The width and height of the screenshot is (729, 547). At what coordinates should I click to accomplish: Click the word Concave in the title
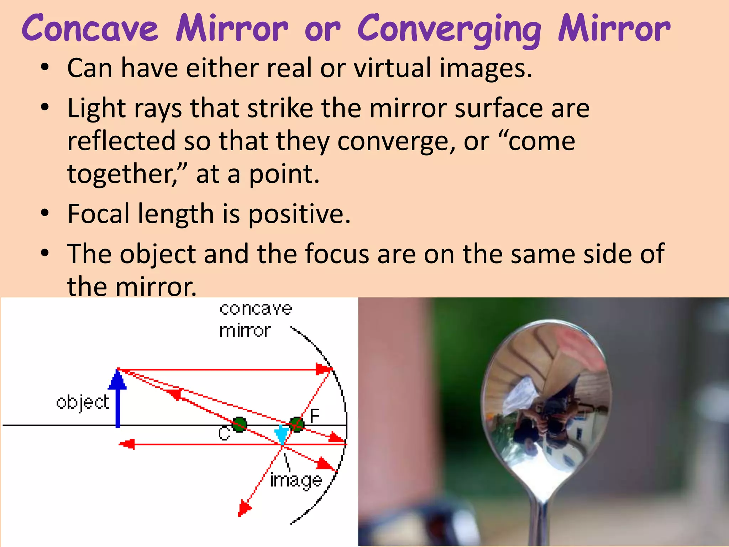click(90, 28)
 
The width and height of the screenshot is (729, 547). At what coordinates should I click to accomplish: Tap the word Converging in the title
click(449, 30)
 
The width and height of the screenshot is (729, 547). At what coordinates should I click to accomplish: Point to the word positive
click(299, 214)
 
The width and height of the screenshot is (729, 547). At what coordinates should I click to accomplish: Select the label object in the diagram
click(83, 402)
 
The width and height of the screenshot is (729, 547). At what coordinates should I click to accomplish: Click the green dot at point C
click(240, 424)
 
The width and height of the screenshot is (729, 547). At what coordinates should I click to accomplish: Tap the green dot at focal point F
click(297, 424)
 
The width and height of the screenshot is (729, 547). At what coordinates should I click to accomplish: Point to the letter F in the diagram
click(315, 416)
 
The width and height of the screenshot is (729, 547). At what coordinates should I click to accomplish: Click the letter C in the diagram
click(224, 434)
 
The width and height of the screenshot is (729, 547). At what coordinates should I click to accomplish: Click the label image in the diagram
click(296, 481)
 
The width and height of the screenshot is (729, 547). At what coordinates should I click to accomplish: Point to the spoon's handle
click(541, 520)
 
